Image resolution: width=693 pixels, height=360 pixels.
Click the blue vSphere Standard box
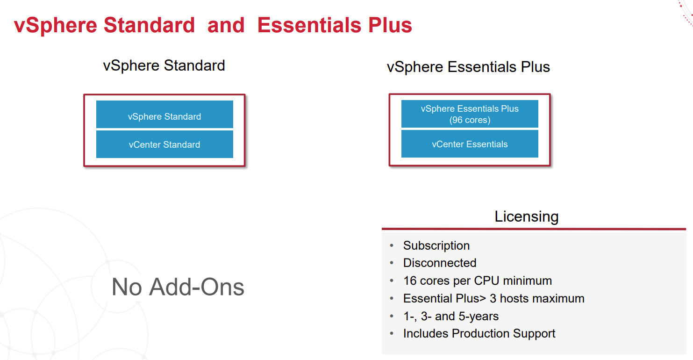(x=164, y=114)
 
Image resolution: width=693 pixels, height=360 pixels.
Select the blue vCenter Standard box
(x=164, y=144)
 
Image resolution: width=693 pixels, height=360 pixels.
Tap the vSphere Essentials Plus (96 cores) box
(x=470, y=114)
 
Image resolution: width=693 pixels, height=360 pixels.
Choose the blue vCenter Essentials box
(x=470, y=144)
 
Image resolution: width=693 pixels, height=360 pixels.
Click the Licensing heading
(x=527, y=216)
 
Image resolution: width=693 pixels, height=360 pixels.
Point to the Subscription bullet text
(x=436, y=245)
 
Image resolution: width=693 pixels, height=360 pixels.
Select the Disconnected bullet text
(x=440, y=263)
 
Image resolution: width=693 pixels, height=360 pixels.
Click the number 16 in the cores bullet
(x=410, y=281)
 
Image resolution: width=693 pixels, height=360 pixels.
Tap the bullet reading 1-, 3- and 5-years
(x=451, y=316)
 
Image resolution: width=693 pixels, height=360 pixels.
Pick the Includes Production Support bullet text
(x=479, y=333)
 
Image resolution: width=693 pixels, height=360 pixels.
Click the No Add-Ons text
(x=178, y=287)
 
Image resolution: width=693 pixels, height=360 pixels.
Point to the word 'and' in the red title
(x=226, y=25)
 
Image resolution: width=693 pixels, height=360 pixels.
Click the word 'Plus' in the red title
(x=390, y=25)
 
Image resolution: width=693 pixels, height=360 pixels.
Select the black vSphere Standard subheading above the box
(x=164, y=65)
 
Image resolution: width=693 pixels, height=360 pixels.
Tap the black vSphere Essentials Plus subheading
(x=468, y=66)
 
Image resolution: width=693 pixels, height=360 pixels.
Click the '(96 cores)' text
(x=470, y=120)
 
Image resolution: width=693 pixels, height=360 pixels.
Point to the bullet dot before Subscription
(x=392, y=245)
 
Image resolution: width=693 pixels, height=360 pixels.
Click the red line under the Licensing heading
(x=534, y=229)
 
